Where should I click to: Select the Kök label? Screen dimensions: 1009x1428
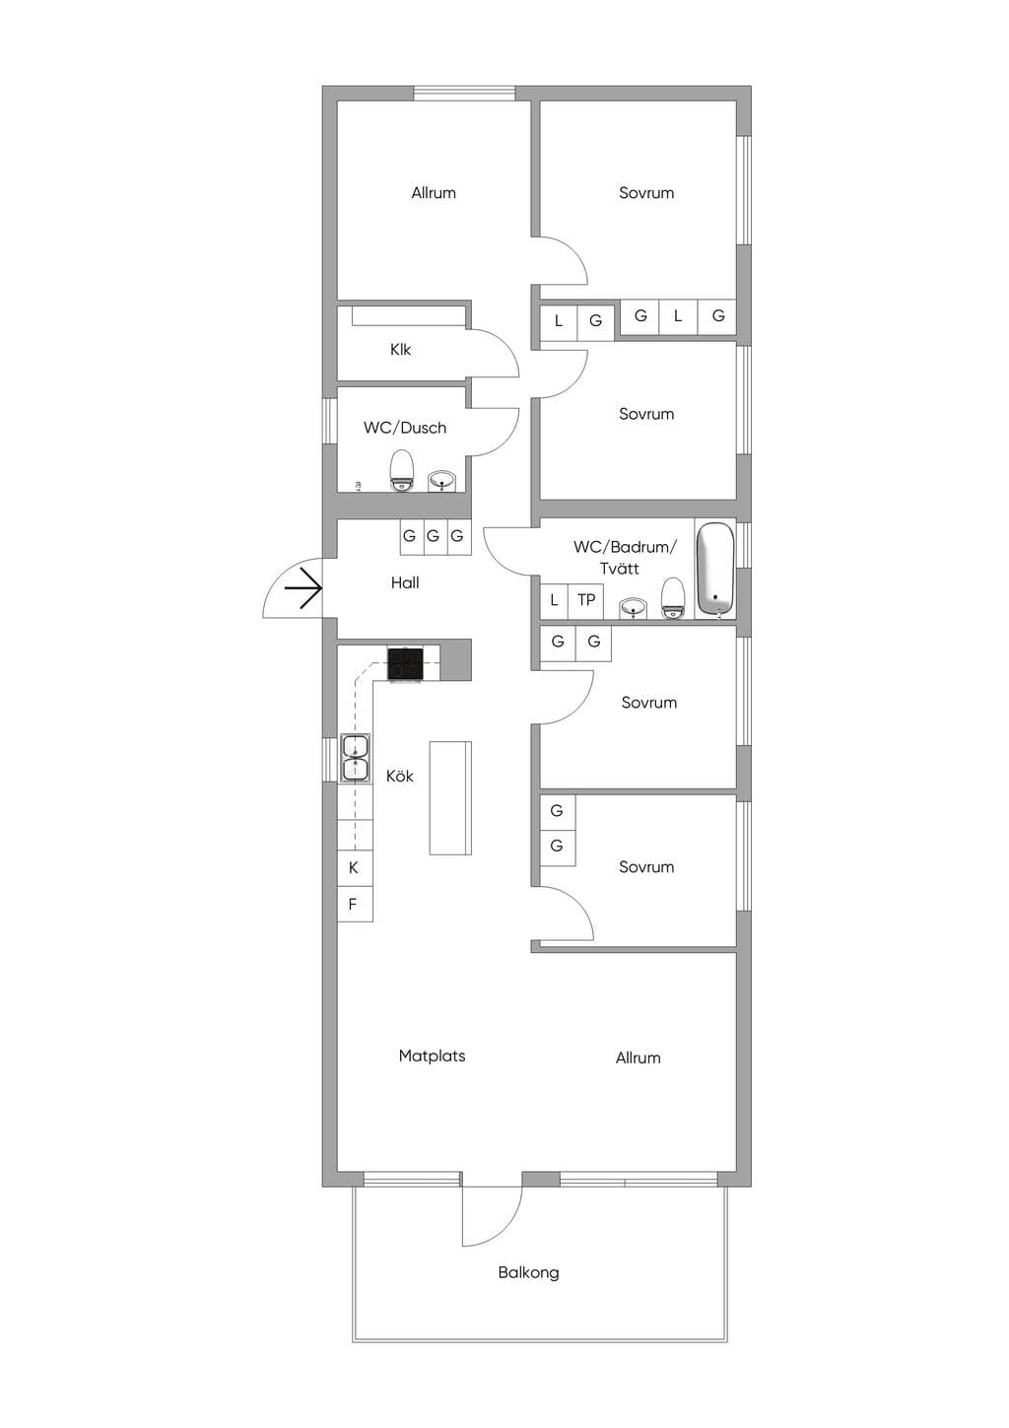400,776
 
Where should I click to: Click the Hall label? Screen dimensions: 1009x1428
405,582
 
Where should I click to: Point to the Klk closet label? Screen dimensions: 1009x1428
400,349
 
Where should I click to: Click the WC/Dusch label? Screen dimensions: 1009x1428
405,427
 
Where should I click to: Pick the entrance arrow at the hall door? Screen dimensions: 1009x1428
303,587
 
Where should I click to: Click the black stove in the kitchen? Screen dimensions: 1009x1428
405,663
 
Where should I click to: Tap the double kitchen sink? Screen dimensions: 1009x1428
355,757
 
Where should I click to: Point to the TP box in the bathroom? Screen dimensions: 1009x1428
585,600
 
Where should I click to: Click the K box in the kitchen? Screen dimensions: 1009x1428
354,867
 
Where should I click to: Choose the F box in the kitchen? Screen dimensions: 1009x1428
354,904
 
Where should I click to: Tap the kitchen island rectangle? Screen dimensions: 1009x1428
450,797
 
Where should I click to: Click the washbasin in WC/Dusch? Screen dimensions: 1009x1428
441,481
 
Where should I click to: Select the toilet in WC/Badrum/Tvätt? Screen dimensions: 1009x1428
673,598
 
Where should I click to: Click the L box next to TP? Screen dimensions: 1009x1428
554,600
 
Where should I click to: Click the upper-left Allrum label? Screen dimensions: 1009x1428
434,192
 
